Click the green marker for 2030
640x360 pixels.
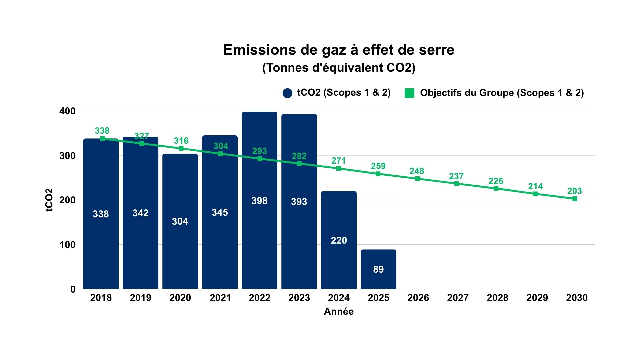pos(575,199)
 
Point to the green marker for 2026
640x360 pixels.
pos(417,179)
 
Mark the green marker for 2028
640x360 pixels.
pos(496,189)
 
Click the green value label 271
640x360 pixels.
pos(338,161)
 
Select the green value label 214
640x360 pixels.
pos(535,186)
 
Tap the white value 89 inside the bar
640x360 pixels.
pos(378,269)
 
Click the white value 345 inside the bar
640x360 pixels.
pos(220,212)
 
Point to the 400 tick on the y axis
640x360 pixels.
pos(67,111)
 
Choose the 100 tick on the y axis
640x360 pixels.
pos(67,245)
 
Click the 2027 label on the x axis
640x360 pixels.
pos(458,298)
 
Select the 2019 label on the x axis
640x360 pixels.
pos(140,298)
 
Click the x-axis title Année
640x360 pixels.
pos(339,311)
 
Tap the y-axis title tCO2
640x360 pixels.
pos(49,200)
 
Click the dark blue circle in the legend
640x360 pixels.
pos(287,93)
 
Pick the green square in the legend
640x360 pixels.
pos(409,93)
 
